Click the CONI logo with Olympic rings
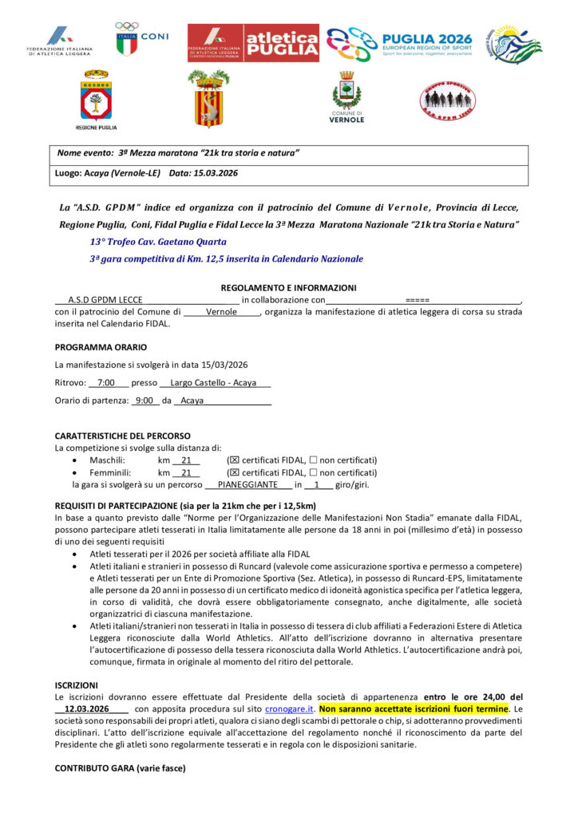(x=138, y=38)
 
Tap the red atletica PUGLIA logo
(x=253, y=42)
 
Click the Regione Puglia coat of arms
(x=96, y=100)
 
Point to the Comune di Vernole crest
(x=347, y=96)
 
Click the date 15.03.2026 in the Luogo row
(x=215, y=172)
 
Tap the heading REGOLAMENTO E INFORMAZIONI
(x=288, y=288)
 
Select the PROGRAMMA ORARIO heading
(x=101, y=347)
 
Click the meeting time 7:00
(x=106, y=383)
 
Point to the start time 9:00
(x=144, y=401)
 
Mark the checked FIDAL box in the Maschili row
(x=233, y=460)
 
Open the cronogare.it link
(x=288, y=708)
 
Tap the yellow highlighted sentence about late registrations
(x=414, y=708)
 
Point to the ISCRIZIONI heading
(x=77, y=685)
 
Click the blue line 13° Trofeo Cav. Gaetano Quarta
(x=158, y=241)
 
